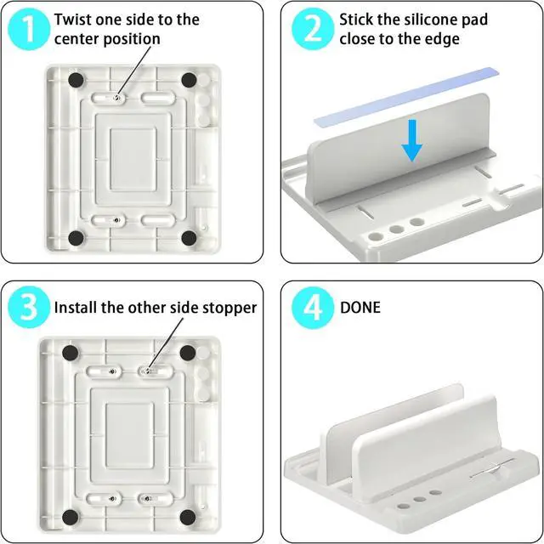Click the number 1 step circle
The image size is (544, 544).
coord(29,30)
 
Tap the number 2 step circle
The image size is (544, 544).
coord(313,29)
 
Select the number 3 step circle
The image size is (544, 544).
coord(29,307)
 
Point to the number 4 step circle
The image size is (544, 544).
coord(313,308)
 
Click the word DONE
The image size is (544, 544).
coord(360,308)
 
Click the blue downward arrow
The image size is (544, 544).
coord(411,140)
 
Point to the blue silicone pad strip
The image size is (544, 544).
coord(406,96)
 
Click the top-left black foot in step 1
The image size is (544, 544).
coord(76,81)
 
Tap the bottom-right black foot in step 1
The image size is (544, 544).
coord(189,238)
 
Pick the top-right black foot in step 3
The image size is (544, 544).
coord(188,353)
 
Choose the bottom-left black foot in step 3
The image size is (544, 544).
coord(70,518)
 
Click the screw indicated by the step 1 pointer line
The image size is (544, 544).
coord(117,99)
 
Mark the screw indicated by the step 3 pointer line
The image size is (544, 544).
coord(147,371)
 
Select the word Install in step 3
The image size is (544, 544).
coord(76,308)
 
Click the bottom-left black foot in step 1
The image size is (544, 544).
coord(76,238)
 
